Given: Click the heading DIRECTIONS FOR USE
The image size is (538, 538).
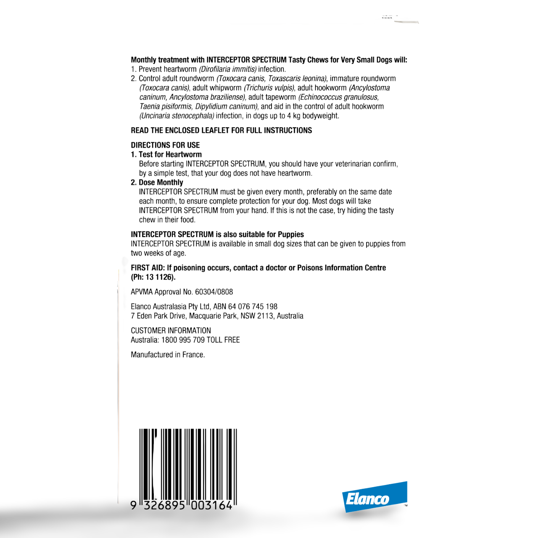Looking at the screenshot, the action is (x=165, y=145).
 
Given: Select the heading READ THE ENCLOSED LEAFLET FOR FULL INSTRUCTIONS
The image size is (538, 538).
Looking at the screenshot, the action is (x=222, y=130).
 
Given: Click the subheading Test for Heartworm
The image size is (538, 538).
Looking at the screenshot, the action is (x=170, y=154).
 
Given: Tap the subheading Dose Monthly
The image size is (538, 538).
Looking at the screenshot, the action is (x=161, y=182).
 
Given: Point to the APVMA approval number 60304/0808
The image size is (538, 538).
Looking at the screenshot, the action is (x=214, y=292).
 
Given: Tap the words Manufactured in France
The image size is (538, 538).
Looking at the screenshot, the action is (x=168, y=355).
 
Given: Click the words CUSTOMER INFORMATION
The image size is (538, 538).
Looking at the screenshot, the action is (x=171, y=330).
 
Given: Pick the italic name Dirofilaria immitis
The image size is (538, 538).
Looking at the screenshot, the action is (x=227, y=69).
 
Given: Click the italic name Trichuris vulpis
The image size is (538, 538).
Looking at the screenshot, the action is (x=269, y=88).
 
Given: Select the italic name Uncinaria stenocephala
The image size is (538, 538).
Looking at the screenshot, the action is (x=177, y=116).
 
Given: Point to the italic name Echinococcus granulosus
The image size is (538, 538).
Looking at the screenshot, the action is (x=338, y=97).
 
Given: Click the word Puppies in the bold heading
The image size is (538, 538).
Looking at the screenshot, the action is (x=290, y=235).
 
